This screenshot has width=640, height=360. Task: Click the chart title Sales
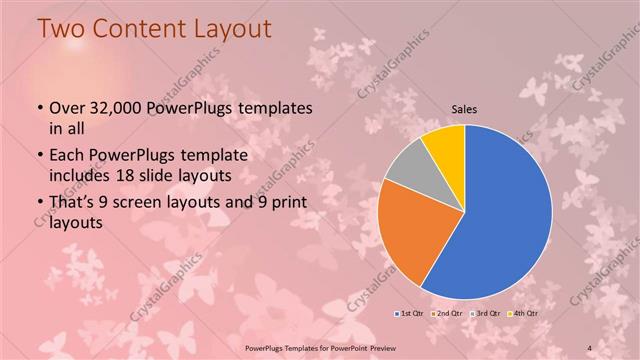pos(464,109)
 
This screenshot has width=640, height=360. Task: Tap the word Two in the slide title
pos(61,29)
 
